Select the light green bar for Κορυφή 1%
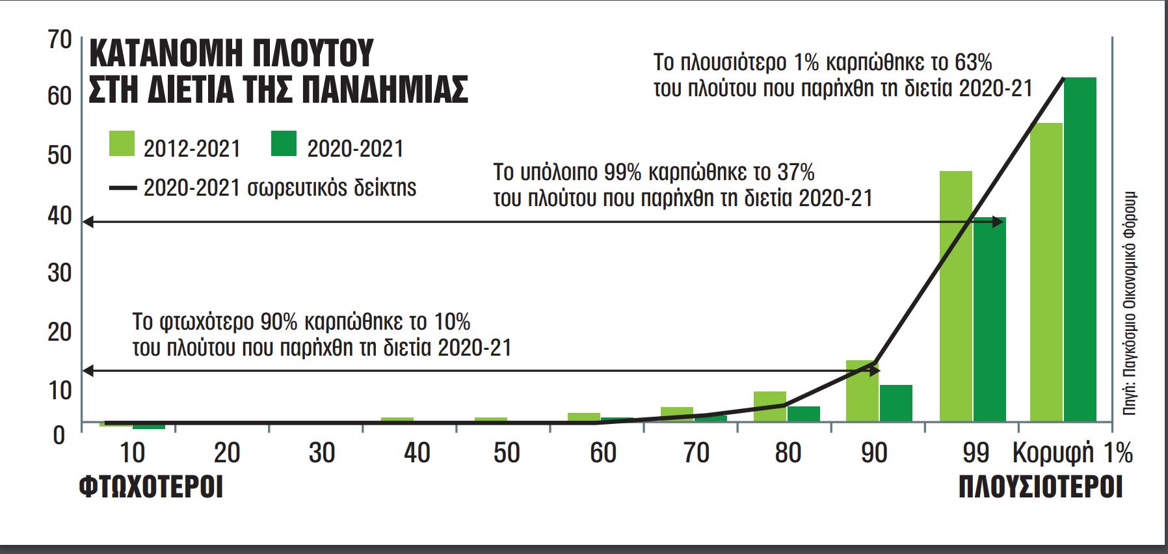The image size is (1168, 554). click(x=1046, y=273)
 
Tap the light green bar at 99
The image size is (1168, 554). click(x=955, y=296)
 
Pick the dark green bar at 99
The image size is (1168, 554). click(x=989, y=319)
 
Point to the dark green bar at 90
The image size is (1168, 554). click(x=896, y=403)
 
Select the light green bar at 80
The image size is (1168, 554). click(x=769, y=406)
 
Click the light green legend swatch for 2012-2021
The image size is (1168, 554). click(x=122, y=144)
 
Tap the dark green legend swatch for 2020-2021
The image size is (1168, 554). click(x=284, y=144)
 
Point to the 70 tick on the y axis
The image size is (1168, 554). click(x=60, y=40)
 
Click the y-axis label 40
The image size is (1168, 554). click(x=60, y=216)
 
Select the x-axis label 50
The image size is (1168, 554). click(x=506, y=453)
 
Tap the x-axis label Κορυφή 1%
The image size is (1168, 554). click(x=1072, y=453)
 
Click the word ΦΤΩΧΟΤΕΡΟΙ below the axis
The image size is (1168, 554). click(x=151, y=487)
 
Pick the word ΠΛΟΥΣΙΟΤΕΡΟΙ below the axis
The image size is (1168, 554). click(x=1041, y=487)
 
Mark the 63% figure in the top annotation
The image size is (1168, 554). click(x=973, y=63)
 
